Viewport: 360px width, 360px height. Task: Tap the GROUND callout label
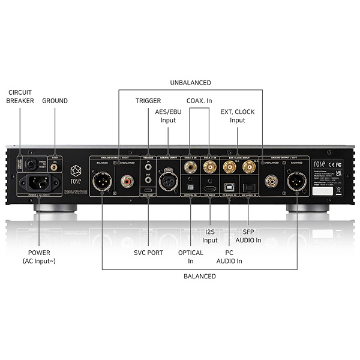(x=55, y=101)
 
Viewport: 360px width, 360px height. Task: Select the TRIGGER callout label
(x=148, y=101)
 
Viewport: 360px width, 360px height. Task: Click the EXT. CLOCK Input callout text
(x=238, y=116)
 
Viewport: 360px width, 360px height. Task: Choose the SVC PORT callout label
(x=148, y=253)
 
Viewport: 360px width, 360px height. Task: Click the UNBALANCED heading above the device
(x=190, y=82)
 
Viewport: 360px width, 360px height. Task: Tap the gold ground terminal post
(x=55, y=169)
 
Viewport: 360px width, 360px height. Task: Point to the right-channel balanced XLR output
(x=102, y=179)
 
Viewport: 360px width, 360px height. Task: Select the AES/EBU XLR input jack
(x=168, y=179)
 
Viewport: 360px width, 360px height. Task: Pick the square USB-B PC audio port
(x=230, y=180)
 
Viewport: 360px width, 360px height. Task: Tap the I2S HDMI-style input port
(x=209, y=180)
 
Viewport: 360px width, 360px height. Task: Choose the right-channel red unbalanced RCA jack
(x=127, y=179)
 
